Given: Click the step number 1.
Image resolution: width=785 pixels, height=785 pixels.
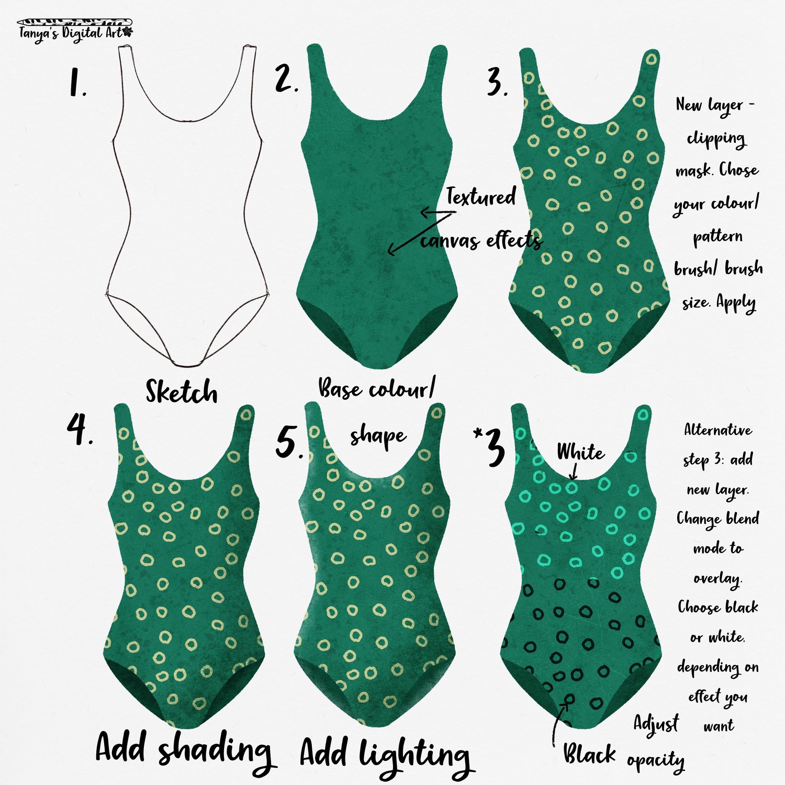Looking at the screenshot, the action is (x=77, y=83).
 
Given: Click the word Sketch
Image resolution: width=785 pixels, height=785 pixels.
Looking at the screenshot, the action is (x=181, y=391).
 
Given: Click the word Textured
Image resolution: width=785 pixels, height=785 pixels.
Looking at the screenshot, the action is (x=480, y=197).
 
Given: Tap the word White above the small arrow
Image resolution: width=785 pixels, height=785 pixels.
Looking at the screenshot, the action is (x=580, y=451).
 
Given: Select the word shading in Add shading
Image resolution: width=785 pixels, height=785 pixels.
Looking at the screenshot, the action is (x=215, y=753).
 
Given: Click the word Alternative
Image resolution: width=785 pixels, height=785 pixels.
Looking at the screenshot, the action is (x=718, y=430).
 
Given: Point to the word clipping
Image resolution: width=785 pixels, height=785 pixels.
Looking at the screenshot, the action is (x=716, y=139).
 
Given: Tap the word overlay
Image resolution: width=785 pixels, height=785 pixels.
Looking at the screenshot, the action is (x=717, y=579).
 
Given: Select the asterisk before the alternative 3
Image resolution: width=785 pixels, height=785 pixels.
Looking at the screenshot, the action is (x=477, y=434).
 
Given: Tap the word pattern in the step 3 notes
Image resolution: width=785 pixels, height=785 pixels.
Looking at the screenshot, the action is (x=717, y=237).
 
